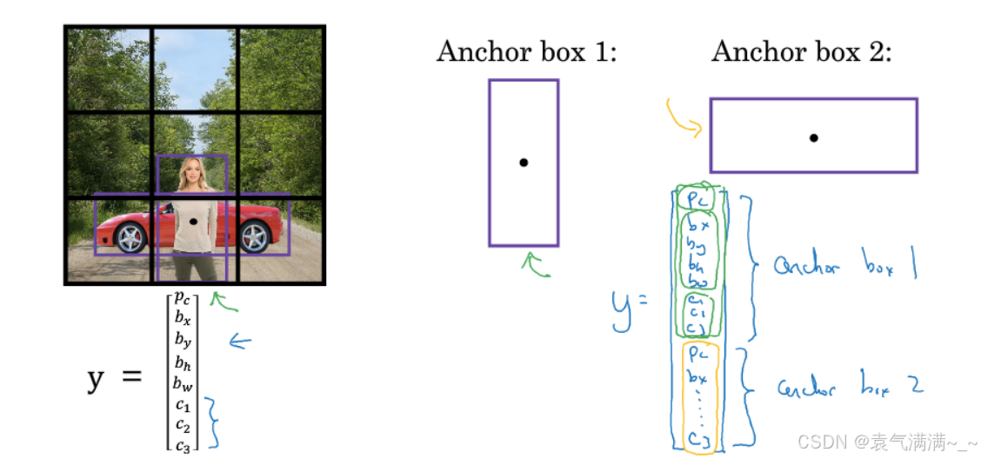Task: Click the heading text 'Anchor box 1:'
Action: (x=526, y=52)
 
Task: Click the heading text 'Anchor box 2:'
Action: (x=801, y=52)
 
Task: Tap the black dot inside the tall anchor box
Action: (x=524, y=163)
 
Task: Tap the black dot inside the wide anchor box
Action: (x=813, y=136)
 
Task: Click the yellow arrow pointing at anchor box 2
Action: (x=684, y=118)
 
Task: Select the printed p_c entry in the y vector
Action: (x=184, y=300)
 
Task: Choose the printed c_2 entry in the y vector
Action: (x=183, y=424)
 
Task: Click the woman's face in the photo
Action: (x=191, y=174)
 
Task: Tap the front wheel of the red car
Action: (x=130, y=236)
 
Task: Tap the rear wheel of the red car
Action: (x=254, y=236)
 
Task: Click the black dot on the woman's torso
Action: (x=192, y=222)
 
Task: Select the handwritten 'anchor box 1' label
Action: (x=844, y=266)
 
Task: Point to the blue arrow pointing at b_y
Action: (x=238, y=342)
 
